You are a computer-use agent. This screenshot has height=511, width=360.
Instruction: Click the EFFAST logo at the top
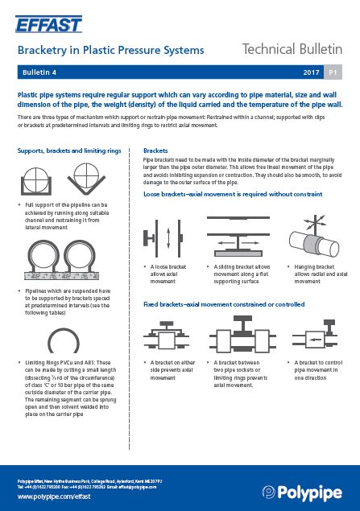point(49,22)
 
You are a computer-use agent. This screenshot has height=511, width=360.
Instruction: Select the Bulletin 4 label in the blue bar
point(39,73)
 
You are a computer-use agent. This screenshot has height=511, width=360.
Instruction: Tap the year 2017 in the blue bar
point(311,73)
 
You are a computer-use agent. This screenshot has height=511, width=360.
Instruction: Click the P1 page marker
point(333,73)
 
